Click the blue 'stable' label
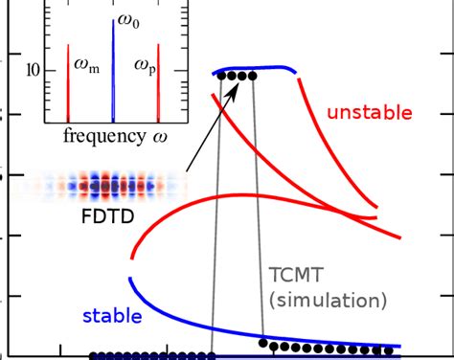(112, 315)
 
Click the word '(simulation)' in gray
(329, 300)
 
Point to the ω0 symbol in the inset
(126, 19)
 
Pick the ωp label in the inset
(144, 67)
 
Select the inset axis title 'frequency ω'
(113, 134)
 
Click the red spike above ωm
(69, 81)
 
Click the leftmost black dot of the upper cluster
(221, 77)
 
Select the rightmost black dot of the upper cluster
(252, 77)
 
